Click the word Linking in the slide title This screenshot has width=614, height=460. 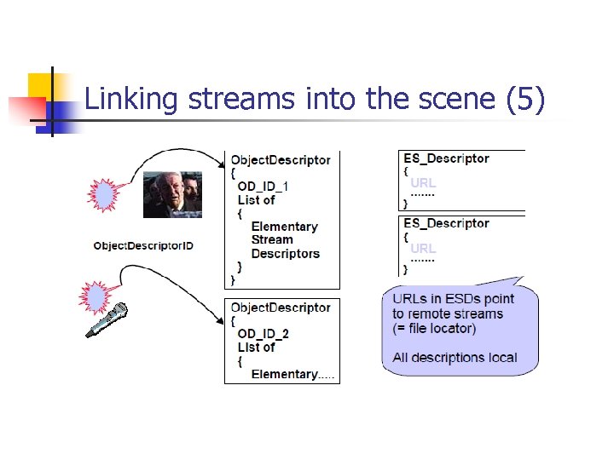[x=131, y=100]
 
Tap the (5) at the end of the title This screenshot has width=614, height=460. [x=524, y=100]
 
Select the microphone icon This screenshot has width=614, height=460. [x=107, y=320]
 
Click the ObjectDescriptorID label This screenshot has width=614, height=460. [x=143, y=246]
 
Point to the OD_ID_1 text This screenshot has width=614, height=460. [x=263, y=187]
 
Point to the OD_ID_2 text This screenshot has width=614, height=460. [x=263, y=333]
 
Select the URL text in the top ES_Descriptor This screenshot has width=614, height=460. [x=423, y=183]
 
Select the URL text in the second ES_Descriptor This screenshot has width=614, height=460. [x=423, y=248]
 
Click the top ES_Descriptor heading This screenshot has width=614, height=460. [x=446, y=158]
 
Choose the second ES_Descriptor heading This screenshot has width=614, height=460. [x=446, y=223]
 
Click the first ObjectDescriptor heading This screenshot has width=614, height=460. [x=281, y=160]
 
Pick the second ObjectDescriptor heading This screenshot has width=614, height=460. [x=281, y=308]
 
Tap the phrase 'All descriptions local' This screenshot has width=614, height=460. [x=455, y=358]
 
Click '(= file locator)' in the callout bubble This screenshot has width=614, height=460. [x=434, y=328]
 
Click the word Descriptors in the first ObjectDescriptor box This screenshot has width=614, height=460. [x=286, y=254]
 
